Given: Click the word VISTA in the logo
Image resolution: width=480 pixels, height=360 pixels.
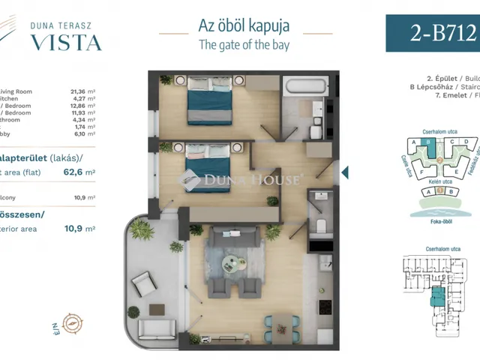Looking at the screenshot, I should [66, 42].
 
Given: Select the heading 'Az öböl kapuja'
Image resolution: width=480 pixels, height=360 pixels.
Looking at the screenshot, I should [244, 25].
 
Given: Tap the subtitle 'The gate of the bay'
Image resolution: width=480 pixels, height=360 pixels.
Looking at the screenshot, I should [244, 44].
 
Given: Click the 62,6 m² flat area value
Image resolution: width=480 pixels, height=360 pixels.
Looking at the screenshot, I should [80, 172].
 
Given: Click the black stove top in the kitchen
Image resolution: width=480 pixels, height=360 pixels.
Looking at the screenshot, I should [325, 308].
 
